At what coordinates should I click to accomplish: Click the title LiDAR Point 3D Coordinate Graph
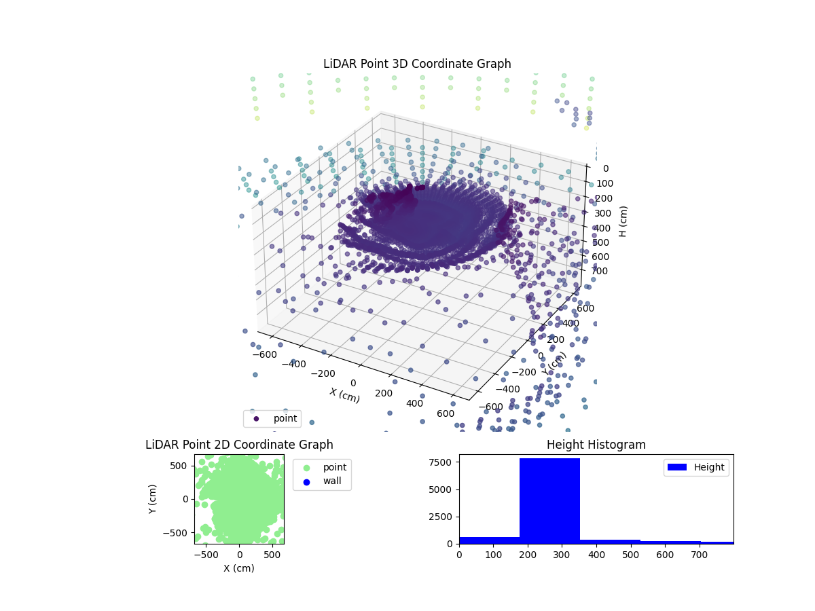pyautogui.click(x=417, y=64)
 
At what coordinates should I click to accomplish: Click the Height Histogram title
pyautogui.click(x=596, y=445)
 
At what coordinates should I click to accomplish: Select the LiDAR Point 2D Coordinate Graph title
pyautogui.click(x=239, y=445)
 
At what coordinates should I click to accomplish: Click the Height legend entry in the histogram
pyautogui.click(x=696, y=467)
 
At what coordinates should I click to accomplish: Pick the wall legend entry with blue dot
pyautogui.click(x=321, y=481)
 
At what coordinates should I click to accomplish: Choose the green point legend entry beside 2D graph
pyautogui.click(x=321, y=467)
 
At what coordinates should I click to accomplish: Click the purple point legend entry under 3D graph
pyautogui.click(x=272, y=418)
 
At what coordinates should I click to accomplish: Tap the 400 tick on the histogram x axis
pyautogui.click(x=596, y=555)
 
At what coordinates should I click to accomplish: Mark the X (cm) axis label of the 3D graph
pyautogui.click(x=345, y=395)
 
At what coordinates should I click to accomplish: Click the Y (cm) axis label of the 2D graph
pyautogui.click(x=153, y=499)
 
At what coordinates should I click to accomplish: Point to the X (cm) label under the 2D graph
pyautogui.click(x=239, y=568)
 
